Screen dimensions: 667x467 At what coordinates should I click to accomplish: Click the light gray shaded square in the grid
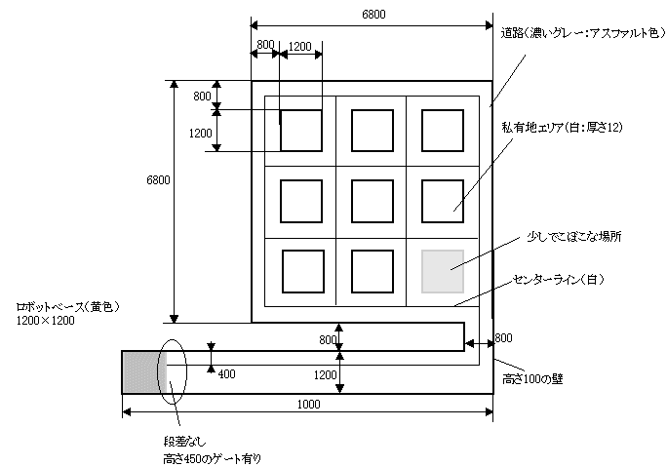point(443,271)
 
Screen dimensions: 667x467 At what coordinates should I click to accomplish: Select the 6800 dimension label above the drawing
point(373,15)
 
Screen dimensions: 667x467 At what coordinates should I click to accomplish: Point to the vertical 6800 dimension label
point(158,180)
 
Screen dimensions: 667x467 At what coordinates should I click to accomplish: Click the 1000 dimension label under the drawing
point(309,404)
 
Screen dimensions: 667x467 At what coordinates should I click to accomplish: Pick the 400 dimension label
point(227,373)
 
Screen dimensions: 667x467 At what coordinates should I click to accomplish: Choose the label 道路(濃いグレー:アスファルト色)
point(583,33)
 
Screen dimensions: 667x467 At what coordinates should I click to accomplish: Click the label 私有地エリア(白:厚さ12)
point(562,127)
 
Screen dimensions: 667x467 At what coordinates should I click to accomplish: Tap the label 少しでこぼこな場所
point(573,237)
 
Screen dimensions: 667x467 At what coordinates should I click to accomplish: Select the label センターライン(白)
point(559,280)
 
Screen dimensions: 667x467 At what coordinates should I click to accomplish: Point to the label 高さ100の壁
point(532,378)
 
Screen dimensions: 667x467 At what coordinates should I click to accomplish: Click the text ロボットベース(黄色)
point(67,307)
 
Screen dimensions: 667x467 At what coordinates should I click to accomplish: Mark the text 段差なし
point(184,442)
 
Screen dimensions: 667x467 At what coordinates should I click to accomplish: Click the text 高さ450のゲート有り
point(213,459)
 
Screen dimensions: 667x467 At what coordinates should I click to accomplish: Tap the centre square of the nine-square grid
point(373,201)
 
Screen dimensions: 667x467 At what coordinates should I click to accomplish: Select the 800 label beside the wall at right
point(503,338)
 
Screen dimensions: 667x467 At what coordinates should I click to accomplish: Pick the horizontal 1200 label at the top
point(300,47)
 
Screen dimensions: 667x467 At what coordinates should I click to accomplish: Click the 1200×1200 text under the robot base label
point(46,321)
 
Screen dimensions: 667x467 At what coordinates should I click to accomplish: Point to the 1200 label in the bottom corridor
point(326,374)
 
